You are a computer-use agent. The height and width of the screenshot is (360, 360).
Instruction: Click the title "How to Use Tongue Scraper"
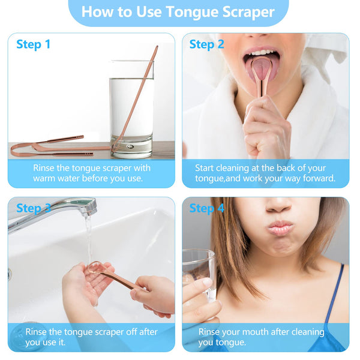(178, 12)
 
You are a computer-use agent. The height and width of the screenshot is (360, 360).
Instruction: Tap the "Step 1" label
(34, 44)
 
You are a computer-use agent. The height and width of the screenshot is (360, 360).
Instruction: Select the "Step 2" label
(206, 44)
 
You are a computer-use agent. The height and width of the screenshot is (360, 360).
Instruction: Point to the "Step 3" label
(34, 208)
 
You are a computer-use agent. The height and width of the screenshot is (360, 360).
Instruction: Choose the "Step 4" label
(206, 208)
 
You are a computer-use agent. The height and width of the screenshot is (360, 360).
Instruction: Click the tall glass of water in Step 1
(131, 110)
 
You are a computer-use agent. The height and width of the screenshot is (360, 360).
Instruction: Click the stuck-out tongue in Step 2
(261, 69)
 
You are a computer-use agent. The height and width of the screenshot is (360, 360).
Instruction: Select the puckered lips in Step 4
(280, 228)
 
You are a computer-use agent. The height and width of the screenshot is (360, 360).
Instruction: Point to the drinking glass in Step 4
(199, 275)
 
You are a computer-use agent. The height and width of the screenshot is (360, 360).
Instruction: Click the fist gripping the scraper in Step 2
(266, 128)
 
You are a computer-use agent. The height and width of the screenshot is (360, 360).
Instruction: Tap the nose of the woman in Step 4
(278, 205)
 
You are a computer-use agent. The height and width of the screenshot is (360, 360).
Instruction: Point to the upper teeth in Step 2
(261, 53)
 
